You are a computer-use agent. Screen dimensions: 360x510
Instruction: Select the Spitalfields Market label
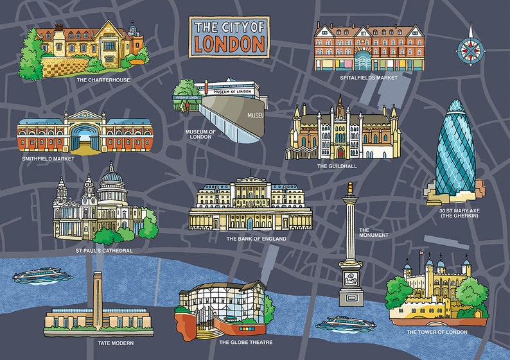[369, 78]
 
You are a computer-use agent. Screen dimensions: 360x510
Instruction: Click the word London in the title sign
[229, 44]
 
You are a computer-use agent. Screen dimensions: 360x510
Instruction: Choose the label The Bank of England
[256, 239]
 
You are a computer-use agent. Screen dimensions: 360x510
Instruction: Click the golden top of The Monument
[349, 188]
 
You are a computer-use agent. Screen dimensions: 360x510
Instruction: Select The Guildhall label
[337, 166]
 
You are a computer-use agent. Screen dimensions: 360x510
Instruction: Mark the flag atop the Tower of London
[421, 252]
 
